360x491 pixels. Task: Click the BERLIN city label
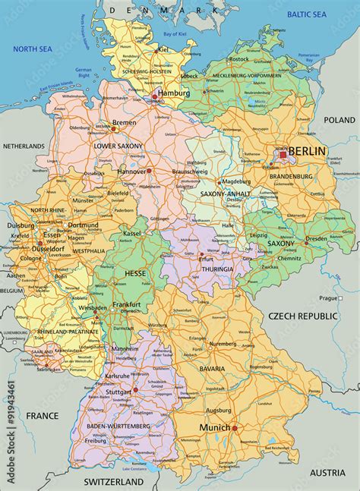click(308, 151)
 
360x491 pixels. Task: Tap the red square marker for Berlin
click(283, 154)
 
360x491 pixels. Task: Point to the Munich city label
click(214, 428)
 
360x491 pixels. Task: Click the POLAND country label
click(339, 120)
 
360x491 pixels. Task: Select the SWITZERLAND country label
click(113, 482)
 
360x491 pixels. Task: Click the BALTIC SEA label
click(306, 14)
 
